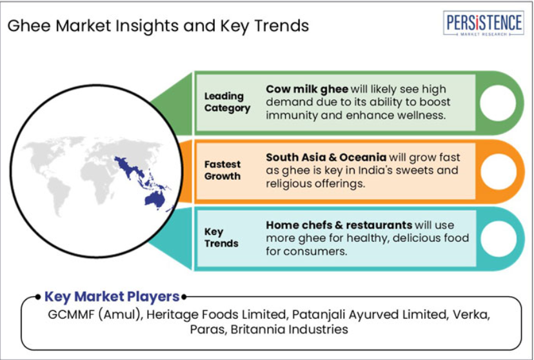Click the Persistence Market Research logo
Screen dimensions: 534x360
tap(483, 23)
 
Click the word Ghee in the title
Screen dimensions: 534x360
tap(30, 26)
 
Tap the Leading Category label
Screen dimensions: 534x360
tap(227, 102)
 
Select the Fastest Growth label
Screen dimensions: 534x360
tap(222, 170)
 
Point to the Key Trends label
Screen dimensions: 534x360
tap(221, 237)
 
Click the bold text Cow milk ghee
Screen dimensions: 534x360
tap(307, 89)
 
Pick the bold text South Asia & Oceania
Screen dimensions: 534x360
tap(326, 157)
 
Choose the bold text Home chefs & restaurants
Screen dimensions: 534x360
tap(339, 225)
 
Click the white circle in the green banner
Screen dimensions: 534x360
tap(497, 103)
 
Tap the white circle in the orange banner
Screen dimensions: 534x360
tap(498, 172)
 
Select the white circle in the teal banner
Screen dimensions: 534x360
tap(499, 239)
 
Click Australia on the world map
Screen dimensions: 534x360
tap(155, 199)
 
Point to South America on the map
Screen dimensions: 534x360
tap(59, 195)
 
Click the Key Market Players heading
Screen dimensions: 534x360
tap(112, 296)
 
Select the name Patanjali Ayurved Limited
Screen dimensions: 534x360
tap(369, 314)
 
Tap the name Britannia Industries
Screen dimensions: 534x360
tap(289, 329)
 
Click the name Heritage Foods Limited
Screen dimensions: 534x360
tap(216, 314)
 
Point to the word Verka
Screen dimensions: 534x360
tap(471, 314)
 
